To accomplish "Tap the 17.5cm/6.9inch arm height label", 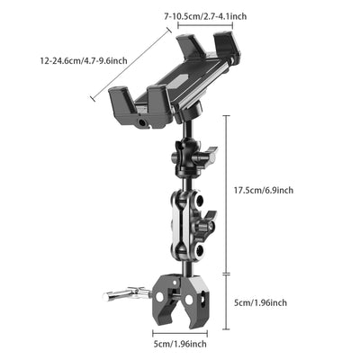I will [x=263, y=190].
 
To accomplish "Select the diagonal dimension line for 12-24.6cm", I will [x=131, y=62].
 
